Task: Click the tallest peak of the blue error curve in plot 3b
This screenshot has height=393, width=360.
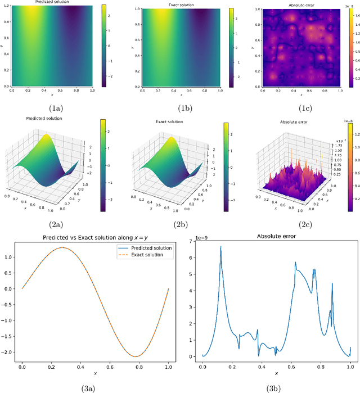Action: tap(221, 246)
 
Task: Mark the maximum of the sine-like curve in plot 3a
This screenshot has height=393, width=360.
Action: tap(48, 247)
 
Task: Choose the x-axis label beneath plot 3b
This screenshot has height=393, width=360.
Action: tap(276, 374)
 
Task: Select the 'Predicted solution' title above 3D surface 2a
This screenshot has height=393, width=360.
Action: tap(48, 119)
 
